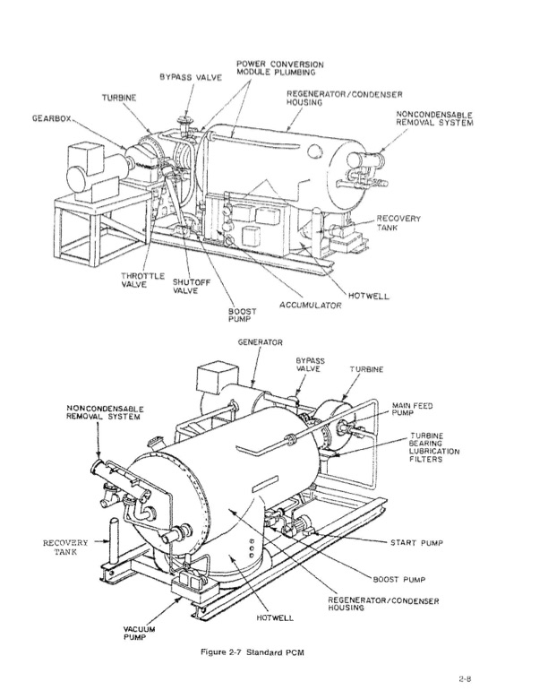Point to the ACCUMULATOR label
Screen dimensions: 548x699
(310, 306)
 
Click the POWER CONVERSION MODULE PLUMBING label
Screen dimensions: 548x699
(279, 68)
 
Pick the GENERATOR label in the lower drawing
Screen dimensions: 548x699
(261, 342)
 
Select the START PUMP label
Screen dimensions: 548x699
(416, 543)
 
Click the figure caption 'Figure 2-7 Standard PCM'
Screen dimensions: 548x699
(253, 652)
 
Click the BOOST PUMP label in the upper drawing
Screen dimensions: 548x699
(243, 315)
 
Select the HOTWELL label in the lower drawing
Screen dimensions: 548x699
(275, 617)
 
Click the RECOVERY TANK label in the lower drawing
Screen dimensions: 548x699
(65, 548)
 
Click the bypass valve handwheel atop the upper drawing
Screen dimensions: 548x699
(184, 119)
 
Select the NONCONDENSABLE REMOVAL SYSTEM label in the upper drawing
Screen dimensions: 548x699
(434, 119)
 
